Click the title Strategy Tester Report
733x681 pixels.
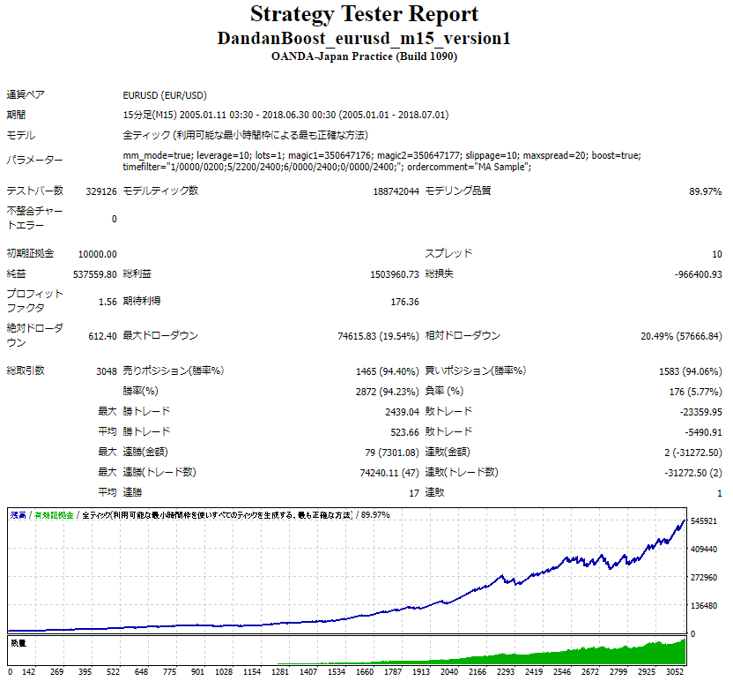[x=365, y=15]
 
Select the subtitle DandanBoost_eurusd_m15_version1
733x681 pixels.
[x=365, y=39]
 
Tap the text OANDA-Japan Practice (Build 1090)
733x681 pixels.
[x=365, y=56]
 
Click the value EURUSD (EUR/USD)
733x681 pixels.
[x=165, y=95]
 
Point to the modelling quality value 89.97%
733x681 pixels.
[x=705, y=191]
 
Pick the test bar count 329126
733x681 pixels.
[x=100, y=191]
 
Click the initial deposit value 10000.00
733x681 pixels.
[x=97, y=254]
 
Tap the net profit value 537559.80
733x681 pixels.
[x=95, y=274]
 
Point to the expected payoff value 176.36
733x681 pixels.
[x=404, y=302]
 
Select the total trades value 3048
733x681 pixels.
[x=106, y=371]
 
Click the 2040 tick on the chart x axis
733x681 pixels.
[x=450, y=671]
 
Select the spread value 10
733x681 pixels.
[x=716, y=254]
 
